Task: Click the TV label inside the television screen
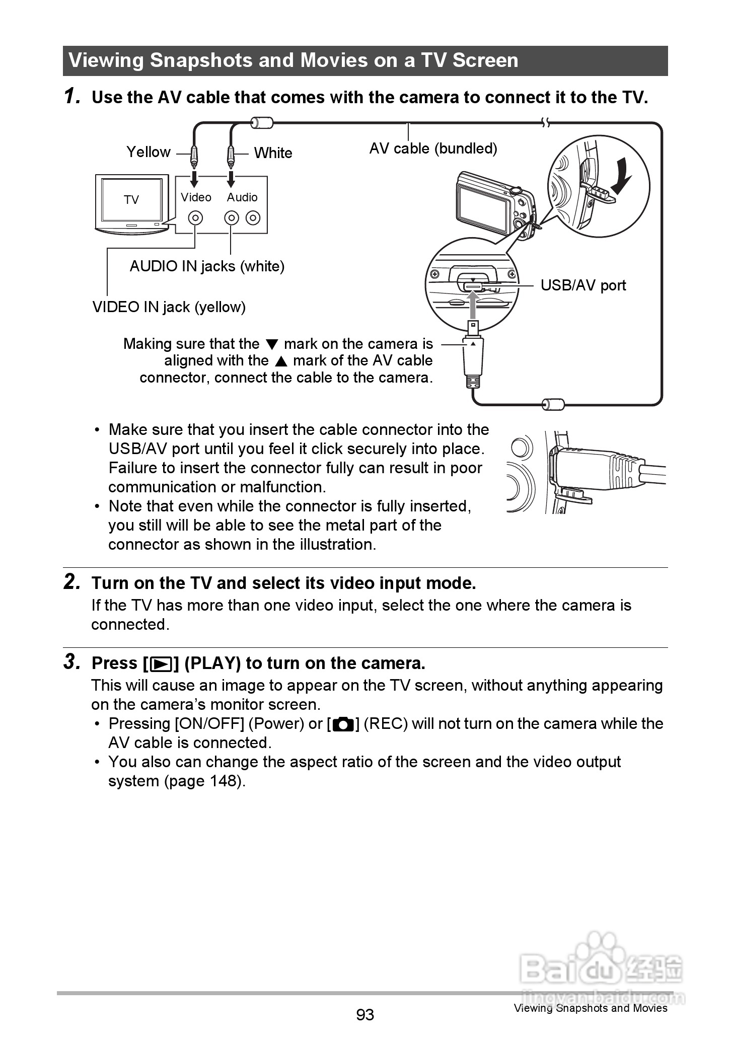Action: pyautogui.click(x=131, y=200)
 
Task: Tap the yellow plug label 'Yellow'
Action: pyautogui.click(x=148, y=152)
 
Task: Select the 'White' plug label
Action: pyautogui.click(x=273, y=153)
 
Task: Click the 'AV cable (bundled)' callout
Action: pyautogui.click(x=433, y=149)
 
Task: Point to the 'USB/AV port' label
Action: pyautogui.click(x=583, y=285)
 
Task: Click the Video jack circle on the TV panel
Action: pyautogui.click(x=195, y=218)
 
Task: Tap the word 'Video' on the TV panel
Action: pyautogui.click(x=196, y=197)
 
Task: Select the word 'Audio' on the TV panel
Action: pyautogui.click(x=242, y=197)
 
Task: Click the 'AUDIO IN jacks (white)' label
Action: pyautogui.click(x=207, y=266)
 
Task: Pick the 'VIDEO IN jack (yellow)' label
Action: pyautogui.click(x=169, y=307)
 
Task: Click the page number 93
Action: pyautogui.click(x=365, y=1015)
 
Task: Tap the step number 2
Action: pyautogui.click(x=72, y=582)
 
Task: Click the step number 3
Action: pyautogui.click(x=72, y=662)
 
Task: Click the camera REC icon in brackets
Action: pyautogui.click(x=343, y=725)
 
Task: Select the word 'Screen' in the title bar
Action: pyautogui.click(x=485, y=60)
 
